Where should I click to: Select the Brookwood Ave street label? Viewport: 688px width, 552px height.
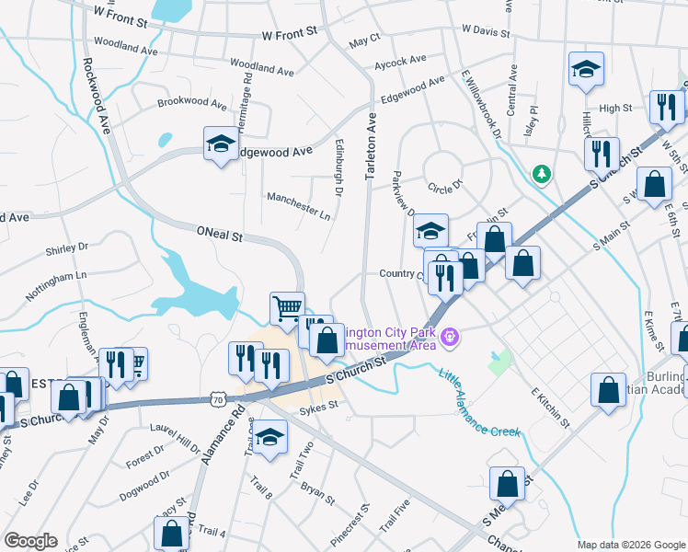(x=191, y=104)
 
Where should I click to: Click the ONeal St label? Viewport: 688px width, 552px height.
(x=219, y=236)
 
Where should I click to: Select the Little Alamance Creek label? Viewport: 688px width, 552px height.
(x=477, y=403)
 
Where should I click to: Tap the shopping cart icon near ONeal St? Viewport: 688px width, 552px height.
(x=287, y=306)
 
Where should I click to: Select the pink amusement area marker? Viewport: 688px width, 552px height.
(x=449, y=337)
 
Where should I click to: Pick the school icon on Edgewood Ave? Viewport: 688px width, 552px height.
(x=221, y=143)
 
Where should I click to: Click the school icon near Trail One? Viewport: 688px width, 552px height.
(x=270, y=436)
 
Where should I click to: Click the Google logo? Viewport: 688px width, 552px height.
(x=30, y=541)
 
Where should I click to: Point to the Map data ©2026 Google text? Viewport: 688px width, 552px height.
(x=630, y=545)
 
